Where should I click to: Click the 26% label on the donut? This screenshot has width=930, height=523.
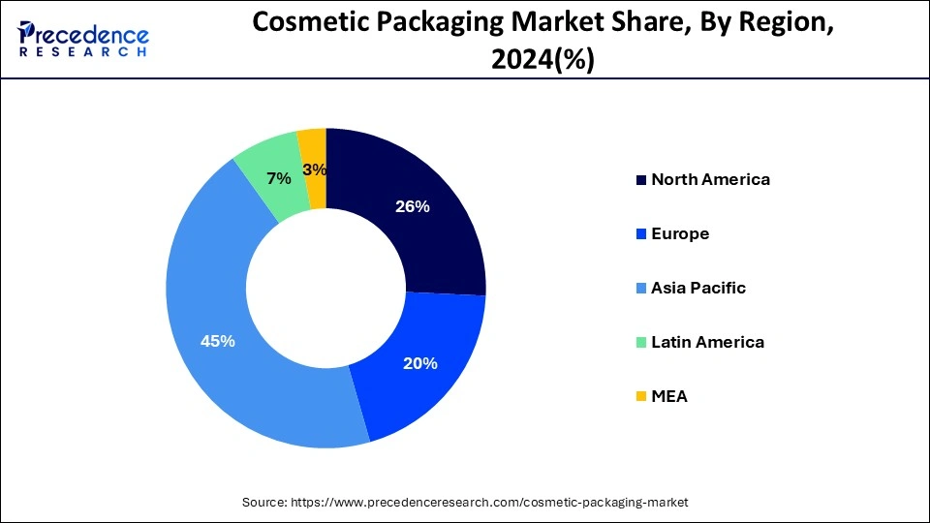(x=413, y=206)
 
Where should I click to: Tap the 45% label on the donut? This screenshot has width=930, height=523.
(x=217, y=341)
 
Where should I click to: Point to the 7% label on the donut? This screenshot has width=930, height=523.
(x=279, y=178)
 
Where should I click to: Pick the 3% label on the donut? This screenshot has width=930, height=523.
(x=314, y=169)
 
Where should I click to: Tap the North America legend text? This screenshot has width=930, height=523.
(x=710, y=179)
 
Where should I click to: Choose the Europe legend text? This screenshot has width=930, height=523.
(x=680, y=233)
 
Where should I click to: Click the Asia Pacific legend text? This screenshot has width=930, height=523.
(x=698, y=288)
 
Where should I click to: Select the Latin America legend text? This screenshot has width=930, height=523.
(x=707, y=342)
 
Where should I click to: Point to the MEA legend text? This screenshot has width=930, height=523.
(x=669, y=396)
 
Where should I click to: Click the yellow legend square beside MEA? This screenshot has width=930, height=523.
(x=640, y=397)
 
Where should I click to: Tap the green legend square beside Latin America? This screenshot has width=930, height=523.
(x=640, y=343)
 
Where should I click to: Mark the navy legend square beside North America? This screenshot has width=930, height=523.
(x=640, y=180)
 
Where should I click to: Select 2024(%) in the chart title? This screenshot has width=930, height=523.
(x=542, y=60)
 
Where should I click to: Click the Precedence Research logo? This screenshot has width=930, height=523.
(x=83, y=38)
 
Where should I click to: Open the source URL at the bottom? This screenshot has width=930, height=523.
(x=464, y=502)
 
